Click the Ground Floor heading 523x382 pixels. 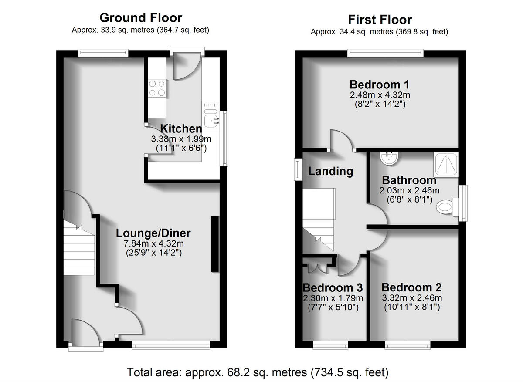tap(140, 18)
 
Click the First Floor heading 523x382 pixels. tap(379, 20)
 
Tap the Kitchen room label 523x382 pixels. tap(181, 129)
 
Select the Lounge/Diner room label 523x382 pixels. tap(153, 233)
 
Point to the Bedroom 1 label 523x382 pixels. tap(379, 84)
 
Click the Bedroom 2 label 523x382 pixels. tap(411, 287)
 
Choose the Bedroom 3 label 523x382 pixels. tap(333, 288)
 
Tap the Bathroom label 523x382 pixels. tap(409, 180)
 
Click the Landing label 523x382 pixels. tap(330, 171)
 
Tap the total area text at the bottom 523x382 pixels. tap(257, 372)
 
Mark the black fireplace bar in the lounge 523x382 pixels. tap(214, 244)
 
